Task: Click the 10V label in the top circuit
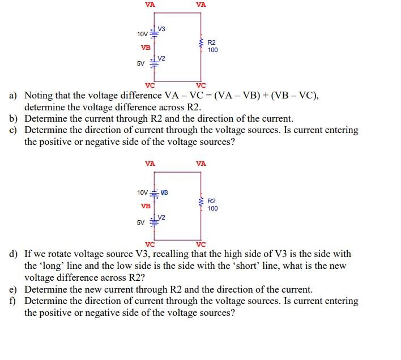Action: (142, 35)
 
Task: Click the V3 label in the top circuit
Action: (161, 29)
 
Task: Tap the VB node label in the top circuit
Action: (146, 48)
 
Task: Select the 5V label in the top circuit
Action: (140, 63)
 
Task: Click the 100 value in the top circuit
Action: (212, 50)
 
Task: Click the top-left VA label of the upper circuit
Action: (150, 5)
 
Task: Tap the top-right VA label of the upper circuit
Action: (201, 5)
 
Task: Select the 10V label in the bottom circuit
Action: (142, 193)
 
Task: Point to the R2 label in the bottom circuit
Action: (211, 201)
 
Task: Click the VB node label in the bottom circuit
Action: (146, 206)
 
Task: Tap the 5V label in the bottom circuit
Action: (140, 222)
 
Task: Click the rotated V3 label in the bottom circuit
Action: (164, 193)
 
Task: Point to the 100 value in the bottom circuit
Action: (212, 209)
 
